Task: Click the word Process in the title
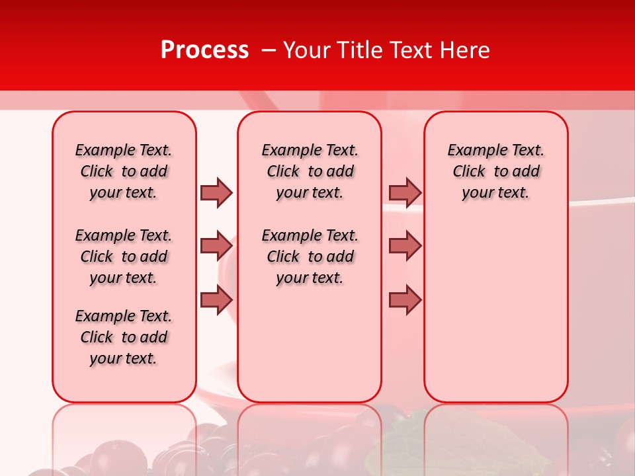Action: (x=204, y=50)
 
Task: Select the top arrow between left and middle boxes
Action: (x=216, y=192)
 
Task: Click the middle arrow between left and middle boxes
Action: (x=216, y=246)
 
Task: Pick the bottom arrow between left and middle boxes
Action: (x=216, y=300)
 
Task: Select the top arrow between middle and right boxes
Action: (x=405, y=192)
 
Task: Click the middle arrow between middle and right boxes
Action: (x=405, y=246)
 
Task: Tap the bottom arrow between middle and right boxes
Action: (x=405, y=300)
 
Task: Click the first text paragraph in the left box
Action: (x=124, y=171)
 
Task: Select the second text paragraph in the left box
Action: (x=124, y=257)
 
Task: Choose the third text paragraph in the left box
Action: (x=124, y=337)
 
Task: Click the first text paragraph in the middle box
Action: (x=310, y=171)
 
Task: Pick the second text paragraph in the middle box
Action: (x=310, y=257)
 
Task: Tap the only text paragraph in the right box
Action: (x=495, y=171)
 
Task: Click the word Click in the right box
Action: (x=469, y=172)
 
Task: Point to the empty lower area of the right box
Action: (x=495, y=311)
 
